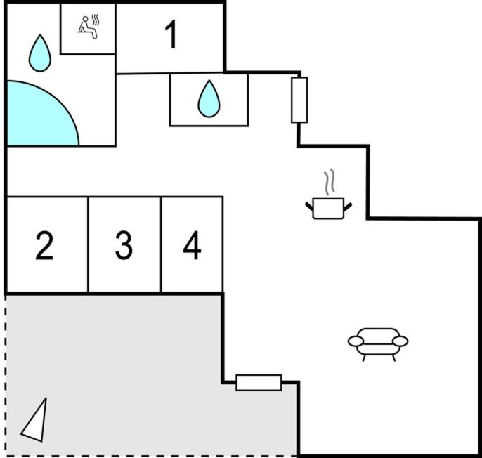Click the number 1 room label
[x=171, y=34]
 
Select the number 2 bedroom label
[x=44, y=246]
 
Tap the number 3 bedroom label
[x=124, y=246]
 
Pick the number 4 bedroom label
[x=192, y=246]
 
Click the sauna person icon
[x=89, y=27]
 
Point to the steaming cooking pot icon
[x=329, y=195]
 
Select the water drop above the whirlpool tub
[x=40, y=53]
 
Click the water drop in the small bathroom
[x=209, y=99]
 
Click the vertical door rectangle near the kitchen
[x=299, y=100]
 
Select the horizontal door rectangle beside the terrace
[x=259, y=383]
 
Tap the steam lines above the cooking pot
[x=330, y=182]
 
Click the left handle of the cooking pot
[x=309, y=207]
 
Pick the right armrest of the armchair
[x=400, y=341]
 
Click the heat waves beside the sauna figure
[x=96, y=20]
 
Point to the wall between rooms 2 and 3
[x=88, y=244]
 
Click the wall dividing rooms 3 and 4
[x=161, y=244]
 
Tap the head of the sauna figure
[x=85, y=19]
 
